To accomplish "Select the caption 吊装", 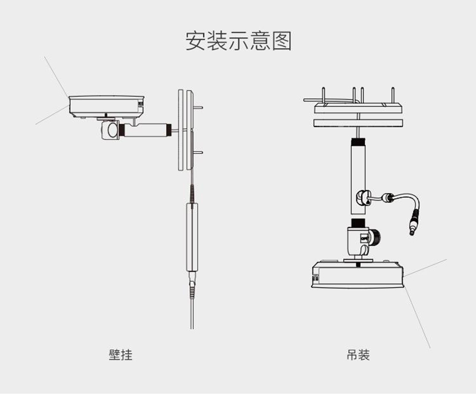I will coord(358,355).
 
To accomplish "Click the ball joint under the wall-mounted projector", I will coord(110,131).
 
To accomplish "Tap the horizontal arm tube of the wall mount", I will coord(146,129).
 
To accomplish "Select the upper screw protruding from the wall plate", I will coord(199,107).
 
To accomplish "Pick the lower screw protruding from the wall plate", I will coord(199,153).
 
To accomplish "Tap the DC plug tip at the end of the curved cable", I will coord(411,227).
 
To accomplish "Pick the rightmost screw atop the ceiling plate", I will coord(393,95).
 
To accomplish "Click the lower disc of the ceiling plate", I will coord(359,123).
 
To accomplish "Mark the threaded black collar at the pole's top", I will coord(359,142).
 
